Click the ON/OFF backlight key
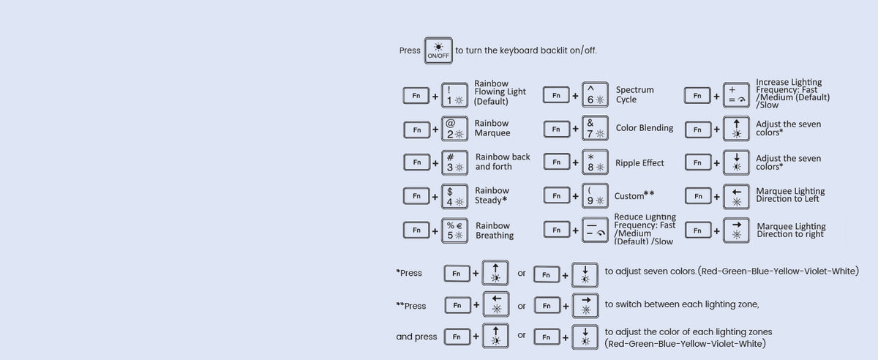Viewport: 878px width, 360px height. tap(438, 50)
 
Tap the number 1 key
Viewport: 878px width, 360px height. tap(454, 95)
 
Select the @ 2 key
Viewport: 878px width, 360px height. tap(454, 129)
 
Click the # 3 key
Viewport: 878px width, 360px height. tap(454, 162)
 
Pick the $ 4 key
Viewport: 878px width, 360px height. tap(454, 197)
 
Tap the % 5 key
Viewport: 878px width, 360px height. tap(454, 230)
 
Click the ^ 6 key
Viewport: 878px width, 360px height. tap(595, 94)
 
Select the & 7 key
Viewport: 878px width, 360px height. tap(595, 128)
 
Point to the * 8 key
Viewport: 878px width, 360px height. tap(595, 162)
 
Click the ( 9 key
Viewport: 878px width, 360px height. tap(595, 195)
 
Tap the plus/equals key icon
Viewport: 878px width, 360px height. tap(736, 95)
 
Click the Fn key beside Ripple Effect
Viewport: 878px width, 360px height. tap(557, 162)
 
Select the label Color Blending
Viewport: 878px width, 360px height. tap(645, 128)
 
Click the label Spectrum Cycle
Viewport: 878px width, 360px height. tap(634, 94)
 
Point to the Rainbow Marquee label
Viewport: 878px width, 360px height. tap(492, 128)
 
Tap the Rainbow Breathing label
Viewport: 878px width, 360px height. tap(495, 230)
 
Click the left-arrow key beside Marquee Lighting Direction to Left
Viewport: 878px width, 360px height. tap(736, 197)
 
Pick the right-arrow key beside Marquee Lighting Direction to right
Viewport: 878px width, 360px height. tap(736, 230)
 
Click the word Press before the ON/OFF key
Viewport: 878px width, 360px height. tap(410, 50)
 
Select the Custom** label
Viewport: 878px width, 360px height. tap(634, 195)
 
